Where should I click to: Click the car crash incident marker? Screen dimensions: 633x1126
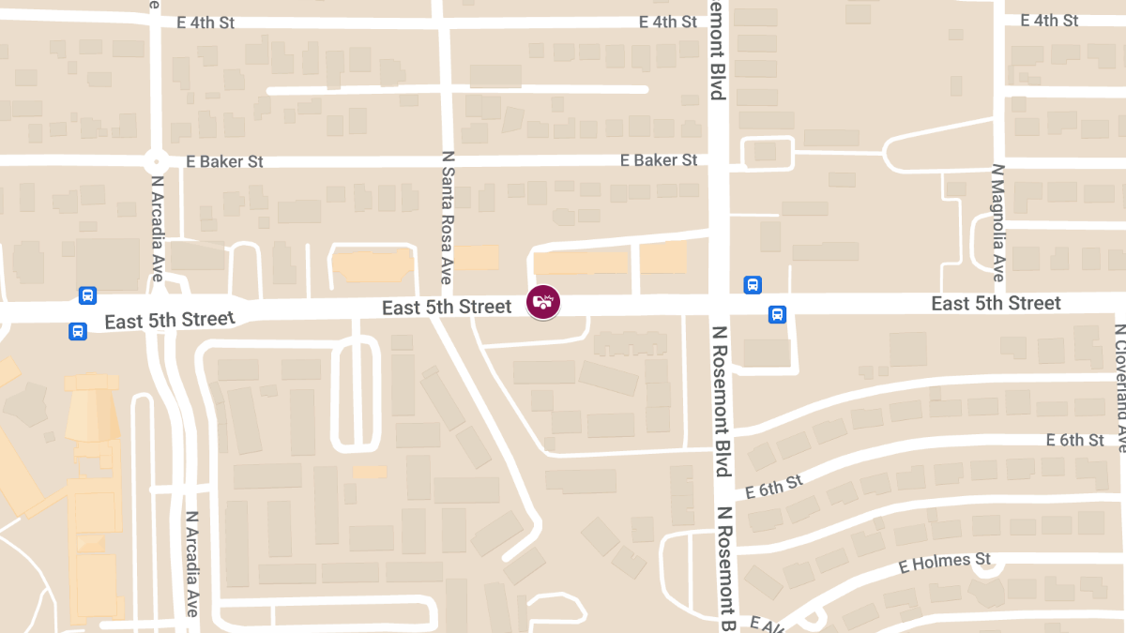pyautogui.click(x=543, y=301)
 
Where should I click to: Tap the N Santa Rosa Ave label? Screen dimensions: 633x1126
pyautogui.click(x=448, y=219)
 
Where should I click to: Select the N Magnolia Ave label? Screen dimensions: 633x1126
pyautogui.click(x=997, y=223)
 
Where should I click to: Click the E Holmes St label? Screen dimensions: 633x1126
pyautogui.click(x=944, y=564)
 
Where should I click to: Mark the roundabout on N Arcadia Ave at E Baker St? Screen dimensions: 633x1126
pyautogui.click(x=155, y=161)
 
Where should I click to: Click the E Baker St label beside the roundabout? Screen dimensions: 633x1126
pyautogui.click(x=224, y=161)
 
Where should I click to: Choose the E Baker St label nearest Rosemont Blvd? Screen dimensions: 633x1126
pyautogui.click(x=659, y=160)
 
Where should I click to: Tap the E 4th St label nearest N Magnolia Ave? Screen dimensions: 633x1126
pyautogui.click(x=1049, y=20)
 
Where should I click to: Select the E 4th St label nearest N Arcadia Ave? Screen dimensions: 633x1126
pyautogui.click(x=205, y=23)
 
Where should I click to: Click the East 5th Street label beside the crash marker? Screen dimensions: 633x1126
pyautogui.click(x=447, y=307)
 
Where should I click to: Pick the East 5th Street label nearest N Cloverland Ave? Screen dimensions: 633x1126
pyautogui.click(x=996, y=303)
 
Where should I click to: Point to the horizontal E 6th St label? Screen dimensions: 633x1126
pyautogui.click(x=1075, y=440)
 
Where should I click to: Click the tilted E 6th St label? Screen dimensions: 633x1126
pyautogui.click(x=774, y=487)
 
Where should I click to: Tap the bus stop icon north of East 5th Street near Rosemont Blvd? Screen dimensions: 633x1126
pyautogui.click(x=752, y=284)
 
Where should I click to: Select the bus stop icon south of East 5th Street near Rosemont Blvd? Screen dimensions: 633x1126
pyautogui.click(x=777, y=314)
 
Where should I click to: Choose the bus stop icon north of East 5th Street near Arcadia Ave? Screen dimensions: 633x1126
pyautogui.click(x=87, y=295)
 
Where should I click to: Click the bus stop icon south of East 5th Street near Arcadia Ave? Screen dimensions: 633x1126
pyautogui.click(x=77, y=331)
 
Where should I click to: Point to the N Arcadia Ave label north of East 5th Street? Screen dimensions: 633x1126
pyautogui.click(x=158, y=229)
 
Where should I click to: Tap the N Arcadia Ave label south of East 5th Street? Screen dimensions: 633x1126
pyautogui.click(x=191, y=563)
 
